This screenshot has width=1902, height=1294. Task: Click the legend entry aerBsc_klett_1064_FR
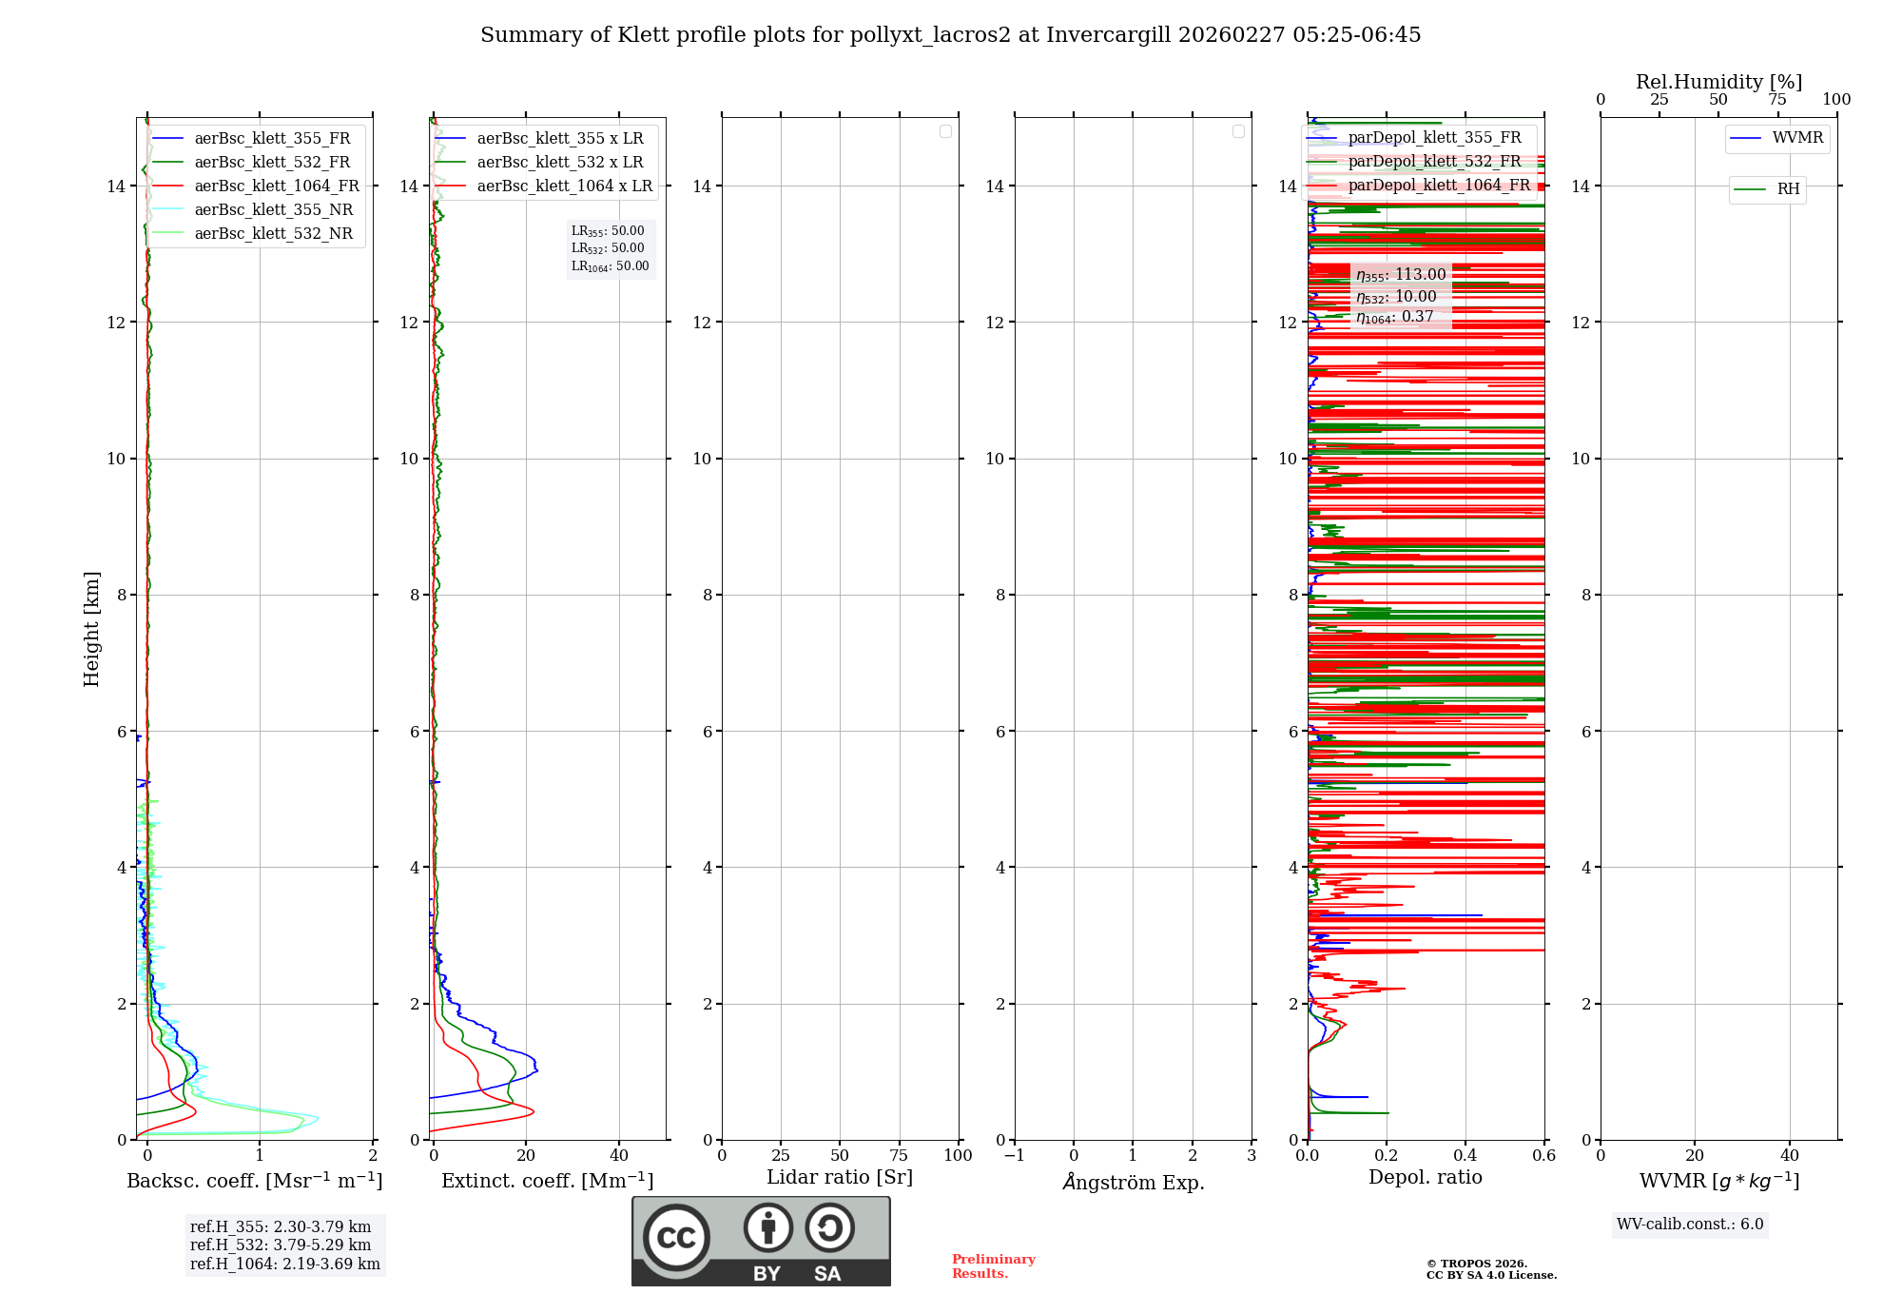277,186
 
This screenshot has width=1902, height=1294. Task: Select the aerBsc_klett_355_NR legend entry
273,210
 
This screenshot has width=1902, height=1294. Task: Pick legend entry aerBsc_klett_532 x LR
559,163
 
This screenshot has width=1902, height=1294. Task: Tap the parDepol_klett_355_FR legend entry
1434,138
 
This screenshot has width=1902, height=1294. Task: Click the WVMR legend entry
1797,138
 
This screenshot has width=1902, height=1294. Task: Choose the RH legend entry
1788,189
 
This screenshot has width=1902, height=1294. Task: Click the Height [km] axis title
91,628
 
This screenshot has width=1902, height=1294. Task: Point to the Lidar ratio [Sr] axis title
839,1178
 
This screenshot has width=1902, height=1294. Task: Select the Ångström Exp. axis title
1133,1183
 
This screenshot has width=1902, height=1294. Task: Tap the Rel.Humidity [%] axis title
1718,82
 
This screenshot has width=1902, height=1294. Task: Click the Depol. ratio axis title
1425,1178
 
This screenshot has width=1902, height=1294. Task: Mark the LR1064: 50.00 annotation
610,266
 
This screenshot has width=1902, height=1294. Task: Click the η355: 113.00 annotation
1401,275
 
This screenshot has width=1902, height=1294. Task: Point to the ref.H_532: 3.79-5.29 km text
281,1245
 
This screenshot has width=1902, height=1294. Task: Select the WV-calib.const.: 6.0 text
1690,1225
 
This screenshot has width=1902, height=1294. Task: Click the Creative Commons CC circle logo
676,1238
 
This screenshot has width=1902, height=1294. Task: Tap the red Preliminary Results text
993,1266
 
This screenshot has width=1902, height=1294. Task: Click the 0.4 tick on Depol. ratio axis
1465,1156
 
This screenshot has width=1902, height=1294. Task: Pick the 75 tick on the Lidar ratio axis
899,1156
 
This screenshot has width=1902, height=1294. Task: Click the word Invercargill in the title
1109,35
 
